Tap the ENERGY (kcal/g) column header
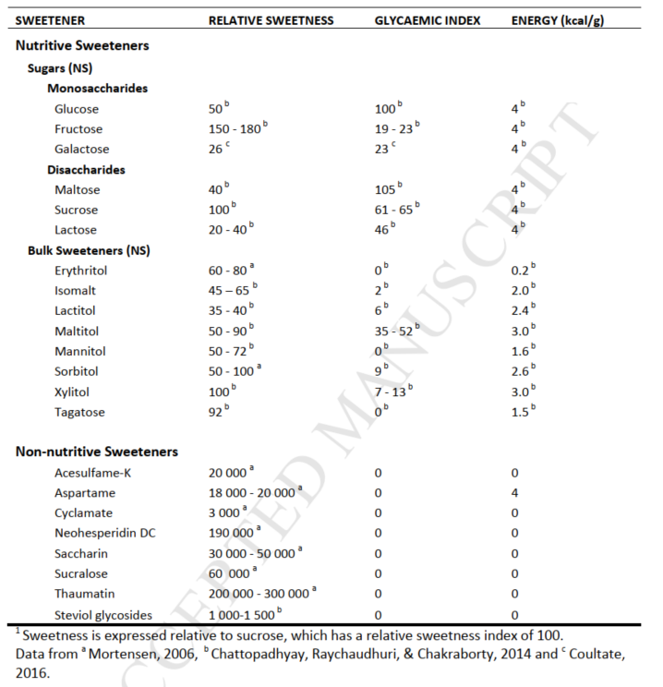click(x=558, y=20)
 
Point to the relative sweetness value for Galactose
click(x=219, y=150)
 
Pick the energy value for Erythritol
click(x=522, y=271)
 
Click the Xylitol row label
click(x=72, y=392)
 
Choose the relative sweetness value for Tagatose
click(x=218, y=412)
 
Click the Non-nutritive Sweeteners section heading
click(x=97, y=452)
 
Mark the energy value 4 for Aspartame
click(x=515, y=493)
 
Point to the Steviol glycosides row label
click(x=103, y=615)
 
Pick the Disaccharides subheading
click(x=86, y=170)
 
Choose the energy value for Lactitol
click(x=522, y=311)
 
